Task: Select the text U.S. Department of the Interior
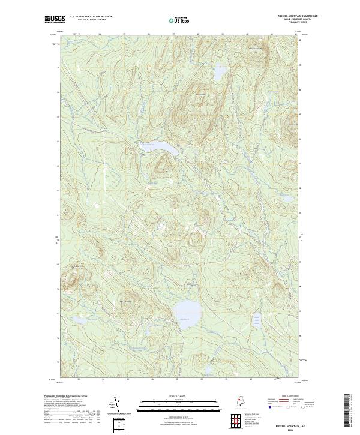tap(91, 16)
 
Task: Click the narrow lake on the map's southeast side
tap(257, 322)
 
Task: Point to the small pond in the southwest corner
tap(78, 324)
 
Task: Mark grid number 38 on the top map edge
tap(198, 34)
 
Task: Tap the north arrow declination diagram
tap(115, 405)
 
